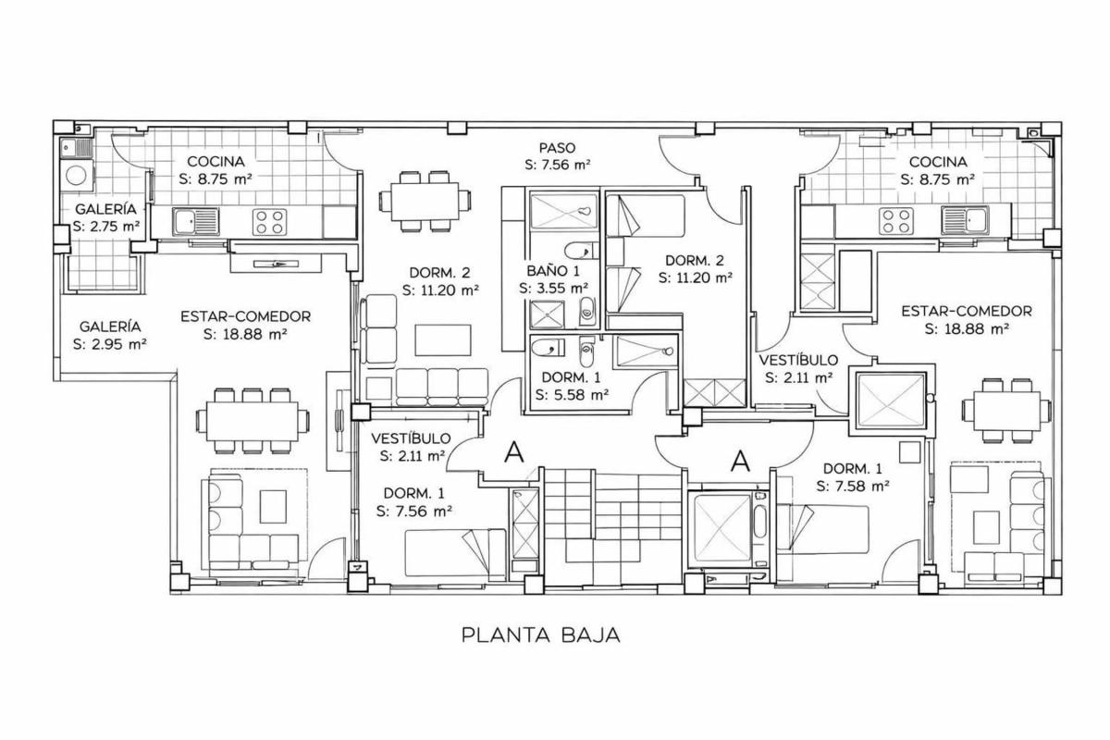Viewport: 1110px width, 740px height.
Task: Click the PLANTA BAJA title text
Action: (540, 635)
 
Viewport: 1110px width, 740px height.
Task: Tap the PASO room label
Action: (558, 148)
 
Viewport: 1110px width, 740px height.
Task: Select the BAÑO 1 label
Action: (553, 271)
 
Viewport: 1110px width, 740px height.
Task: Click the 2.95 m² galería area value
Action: (109, 343)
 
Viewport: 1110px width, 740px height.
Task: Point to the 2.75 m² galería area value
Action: (106, 226)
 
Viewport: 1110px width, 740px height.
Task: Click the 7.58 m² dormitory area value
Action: (852, 486)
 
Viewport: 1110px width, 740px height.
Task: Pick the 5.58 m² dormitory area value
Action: (572, 395)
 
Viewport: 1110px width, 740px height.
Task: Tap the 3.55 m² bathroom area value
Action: (553, 288)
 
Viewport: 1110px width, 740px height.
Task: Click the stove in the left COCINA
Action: (269, 222)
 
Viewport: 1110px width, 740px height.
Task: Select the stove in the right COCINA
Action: (896, 221)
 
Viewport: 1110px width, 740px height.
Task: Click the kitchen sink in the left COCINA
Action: (196, 221)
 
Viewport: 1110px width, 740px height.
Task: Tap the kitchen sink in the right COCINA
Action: (965, 220)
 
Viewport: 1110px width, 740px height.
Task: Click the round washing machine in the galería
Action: (76, 176)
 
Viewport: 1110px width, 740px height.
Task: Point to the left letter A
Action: (514, 451)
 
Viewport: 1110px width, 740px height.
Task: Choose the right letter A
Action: (740, 461)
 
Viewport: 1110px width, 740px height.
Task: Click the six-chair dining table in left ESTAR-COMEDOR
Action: (253, 421)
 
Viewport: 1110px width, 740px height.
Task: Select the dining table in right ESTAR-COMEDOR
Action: (1006, 411)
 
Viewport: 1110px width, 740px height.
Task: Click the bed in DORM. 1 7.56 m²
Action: (456, 552)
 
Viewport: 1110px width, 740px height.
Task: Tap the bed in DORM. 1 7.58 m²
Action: (822, 529)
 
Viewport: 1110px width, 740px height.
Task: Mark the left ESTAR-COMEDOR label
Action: (245, 316)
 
